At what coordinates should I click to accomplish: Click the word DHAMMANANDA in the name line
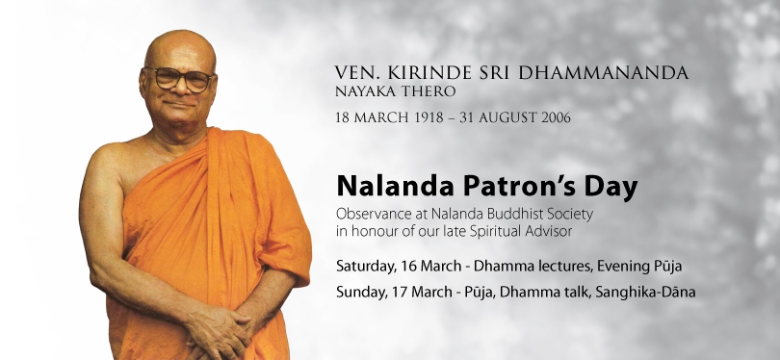604,73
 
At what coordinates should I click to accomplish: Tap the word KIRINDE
427,73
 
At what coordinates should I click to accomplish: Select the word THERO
431,91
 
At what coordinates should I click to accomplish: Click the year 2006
557,117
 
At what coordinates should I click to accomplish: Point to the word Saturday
366,267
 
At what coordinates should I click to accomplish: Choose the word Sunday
361,293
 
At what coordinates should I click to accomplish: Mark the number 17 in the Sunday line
396,292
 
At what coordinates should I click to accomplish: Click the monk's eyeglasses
178,79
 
